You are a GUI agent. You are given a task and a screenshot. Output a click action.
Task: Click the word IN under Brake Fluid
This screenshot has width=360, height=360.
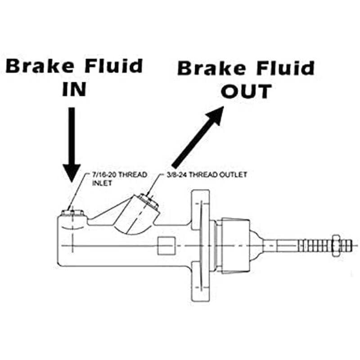coord(74,89)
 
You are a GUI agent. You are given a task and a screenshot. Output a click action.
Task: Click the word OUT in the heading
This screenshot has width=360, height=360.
coord(246,91)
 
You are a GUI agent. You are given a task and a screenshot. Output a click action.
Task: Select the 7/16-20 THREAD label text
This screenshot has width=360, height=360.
coord(119,175)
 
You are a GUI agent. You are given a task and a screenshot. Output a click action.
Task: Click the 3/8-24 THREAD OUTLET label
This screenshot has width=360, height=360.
coord(207,175)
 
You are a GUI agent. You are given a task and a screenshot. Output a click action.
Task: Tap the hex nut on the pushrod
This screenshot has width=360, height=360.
coord(336,246)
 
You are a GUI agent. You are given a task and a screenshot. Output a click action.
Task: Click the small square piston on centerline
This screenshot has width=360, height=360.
coord(166,246)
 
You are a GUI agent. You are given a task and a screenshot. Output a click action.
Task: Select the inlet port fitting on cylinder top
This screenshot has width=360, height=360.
coord(72,213)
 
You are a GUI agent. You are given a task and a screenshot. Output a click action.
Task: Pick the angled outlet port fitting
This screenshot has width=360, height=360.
coord(149,201)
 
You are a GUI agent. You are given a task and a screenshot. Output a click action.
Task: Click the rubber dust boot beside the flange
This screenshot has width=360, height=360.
coord(236,246)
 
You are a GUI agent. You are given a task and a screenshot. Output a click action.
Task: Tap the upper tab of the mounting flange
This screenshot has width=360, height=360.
coord(200,207)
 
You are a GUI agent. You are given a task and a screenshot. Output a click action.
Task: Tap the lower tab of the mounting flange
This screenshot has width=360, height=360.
coord(201,282)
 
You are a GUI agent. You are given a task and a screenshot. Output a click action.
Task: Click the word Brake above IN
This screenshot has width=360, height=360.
coord(40,66)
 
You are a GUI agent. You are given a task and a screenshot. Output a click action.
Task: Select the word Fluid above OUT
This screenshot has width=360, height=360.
coord(285,68)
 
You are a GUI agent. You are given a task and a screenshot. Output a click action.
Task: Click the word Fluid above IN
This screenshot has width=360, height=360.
coord(114,66)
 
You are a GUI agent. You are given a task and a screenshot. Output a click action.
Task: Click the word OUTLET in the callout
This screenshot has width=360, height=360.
coord(233,175)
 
